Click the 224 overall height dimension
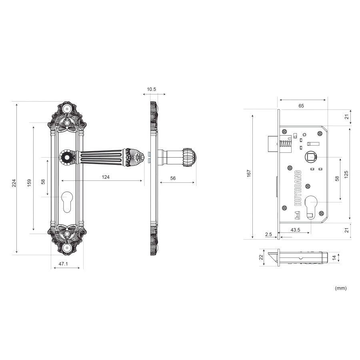click(14, 183)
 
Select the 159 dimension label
click(29, 183)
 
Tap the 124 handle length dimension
click(106, 177)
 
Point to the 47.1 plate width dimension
click(63, 264)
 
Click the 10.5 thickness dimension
click(151, 89)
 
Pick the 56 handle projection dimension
click(173, 178)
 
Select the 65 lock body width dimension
click(301, 106)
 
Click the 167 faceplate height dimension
click(249, 173)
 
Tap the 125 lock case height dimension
click(346, 174)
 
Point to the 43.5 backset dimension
click(295, 230)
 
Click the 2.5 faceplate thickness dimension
click(268, 234)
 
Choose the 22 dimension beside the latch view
click(261, 257)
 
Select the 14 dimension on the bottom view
click(334, 258)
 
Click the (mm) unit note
click(341, 288)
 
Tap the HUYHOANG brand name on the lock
click(298, 188)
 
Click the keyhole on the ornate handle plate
click(67, 202)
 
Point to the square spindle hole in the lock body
click(310, 157)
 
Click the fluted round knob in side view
click(190, 157)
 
